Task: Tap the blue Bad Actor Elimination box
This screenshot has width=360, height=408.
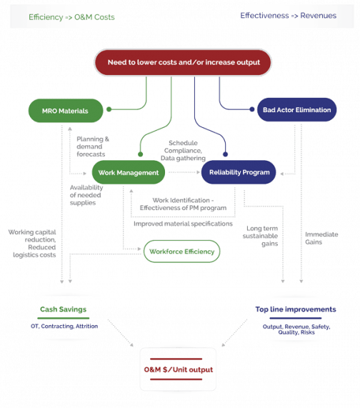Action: tap(306, 111)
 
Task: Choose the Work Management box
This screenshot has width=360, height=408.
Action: tap(129, 172)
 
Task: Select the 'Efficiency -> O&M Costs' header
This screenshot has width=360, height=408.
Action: tap(64, 16)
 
